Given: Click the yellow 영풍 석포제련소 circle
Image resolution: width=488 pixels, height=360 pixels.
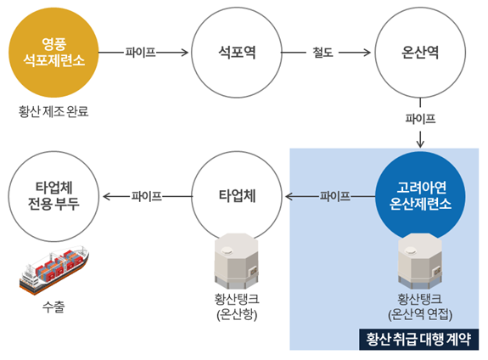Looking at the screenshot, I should [54, 52].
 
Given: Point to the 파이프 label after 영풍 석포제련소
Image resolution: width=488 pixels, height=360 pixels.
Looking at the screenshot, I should [140, 52].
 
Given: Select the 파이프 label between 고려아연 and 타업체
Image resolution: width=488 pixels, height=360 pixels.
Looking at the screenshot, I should [334, 197].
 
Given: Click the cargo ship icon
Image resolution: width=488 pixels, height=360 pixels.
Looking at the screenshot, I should [53, 269].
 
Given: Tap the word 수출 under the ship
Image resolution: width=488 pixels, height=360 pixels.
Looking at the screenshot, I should [53, 306].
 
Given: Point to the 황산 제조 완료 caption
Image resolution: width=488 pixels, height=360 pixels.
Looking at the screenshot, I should [53, 111].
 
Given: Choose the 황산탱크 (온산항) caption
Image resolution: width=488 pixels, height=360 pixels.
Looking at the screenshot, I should [237, 307].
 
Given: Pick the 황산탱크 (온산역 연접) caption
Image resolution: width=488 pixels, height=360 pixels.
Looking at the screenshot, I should [421, 307].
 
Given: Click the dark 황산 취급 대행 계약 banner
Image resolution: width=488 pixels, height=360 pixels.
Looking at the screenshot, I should [418, 339].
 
